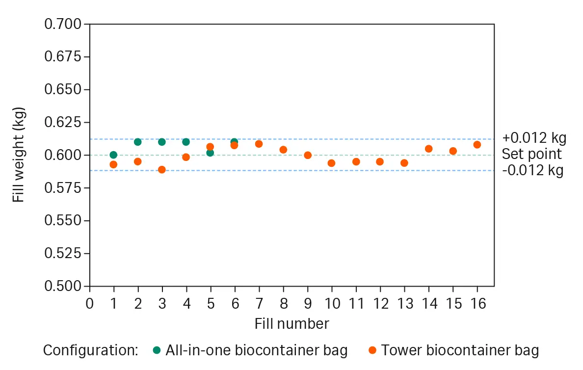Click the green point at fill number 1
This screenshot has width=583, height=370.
113,155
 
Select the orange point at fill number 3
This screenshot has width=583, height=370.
162,170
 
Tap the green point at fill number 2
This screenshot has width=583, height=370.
137,142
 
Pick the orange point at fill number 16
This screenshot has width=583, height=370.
477,144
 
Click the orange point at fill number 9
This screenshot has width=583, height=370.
308,155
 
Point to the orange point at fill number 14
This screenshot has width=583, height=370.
428,149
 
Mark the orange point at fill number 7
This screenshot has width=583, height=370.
259,144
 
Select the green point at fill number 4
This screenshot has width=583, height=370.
186,142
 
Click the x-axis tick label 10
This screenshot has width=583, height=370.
332,304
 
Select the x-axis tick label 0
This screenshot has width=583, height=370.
89,304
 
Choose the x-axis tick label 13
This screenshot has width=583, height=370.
404,304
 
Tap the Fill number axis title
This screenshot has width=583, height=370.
291,324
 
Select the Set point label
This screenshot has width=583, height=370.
531,154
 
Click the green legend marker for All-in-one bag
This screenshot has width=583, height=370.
157,350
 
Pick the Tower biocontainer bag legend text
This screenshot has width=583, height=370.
460,350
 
